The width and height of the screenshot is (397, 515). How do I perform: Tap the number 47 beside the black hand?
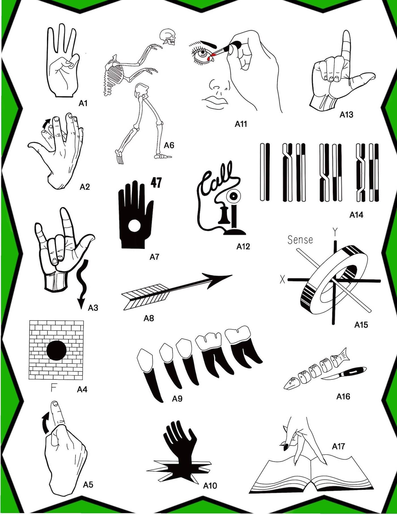click(x=156, y=182)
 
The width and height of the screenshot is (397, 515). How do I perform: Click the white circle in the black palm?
click(x=134, y=226)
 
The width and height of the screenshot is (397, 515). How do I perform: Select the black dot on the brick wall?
click(x=56, y=350)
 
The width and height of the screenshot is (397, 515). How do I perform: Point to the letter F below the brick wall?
click(x=54, y=387)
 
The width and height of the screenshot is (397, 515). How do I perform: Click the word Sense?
click(x=300, y=240)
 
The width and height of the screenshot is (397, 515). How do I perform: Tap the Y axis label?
click(x=335, y=232)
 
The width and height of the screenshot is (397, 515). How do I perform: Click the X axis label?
click(x=282, y=279)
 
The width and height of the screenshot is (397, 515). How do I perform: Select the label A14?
click(x=356, y=215)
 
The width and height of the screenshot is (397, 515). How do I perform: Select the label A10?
click(x=210, y=486)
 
